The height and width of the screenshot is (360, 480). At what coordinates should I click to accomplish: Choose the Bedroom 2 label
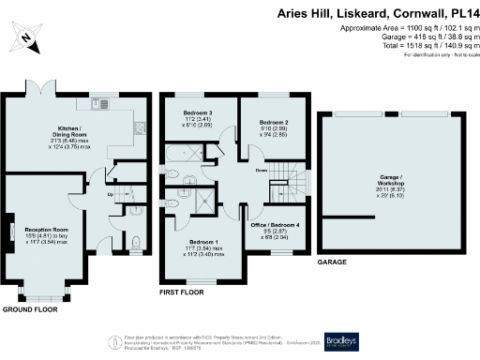coord(273,123)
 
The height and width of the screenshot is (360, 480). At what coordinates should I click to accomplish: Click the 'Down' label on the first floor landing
coord(261,170)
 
